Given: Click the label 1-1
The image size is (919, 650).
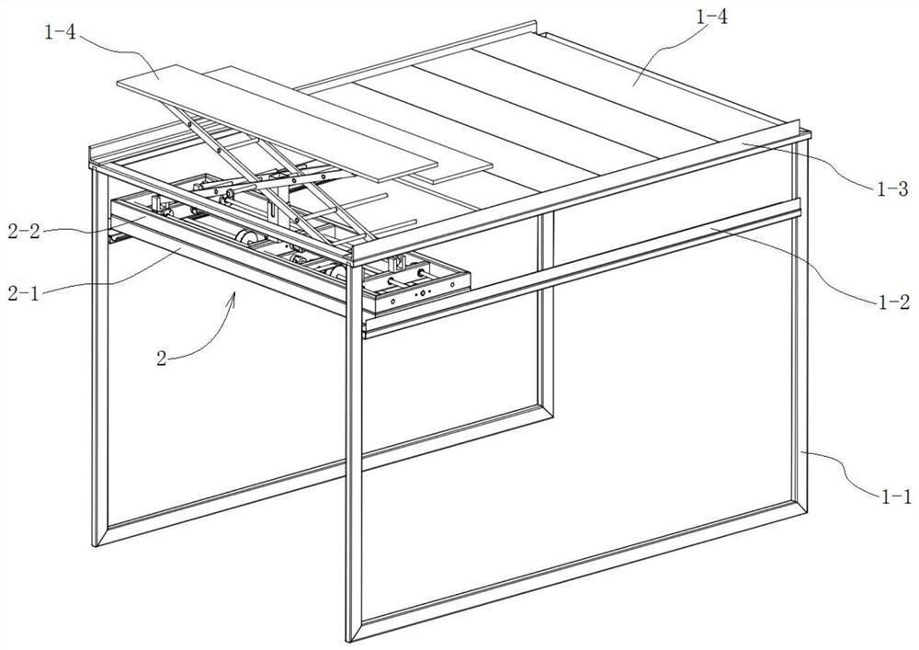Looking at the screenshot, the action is (897, 497).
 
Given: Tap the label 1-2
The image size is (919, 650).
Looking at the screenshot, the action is (894, 302).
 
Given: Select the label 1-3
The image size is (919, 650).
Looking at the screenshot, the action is (892, 189).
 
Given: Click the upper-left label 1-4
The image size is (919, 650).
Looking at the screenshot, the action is (61, 32).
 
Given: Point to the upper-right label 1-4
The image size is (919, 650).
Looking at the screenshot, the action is (712, 17).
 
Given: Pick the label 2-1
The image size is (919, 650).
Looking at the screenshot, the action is (24, 293).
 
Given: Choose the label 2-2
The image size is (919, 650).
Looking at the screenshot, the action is (24, 233).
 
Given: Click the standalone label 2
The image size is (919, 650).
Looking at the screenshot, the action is (162, 359).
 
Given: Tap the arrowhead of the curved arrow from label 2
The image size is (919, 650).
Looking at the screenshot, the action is (234, 295).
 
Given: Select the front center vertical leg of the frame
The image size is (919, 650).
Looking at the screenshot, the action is (354, 451).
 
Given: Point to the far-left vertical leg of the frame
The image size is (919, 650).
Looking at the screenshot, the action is (99, 358).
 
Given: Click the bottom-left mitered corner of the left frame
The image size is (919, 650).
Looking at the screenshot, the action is (101, 536).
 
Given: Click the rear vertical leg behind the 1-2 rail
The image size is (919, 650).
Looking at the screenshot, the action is (545, 316).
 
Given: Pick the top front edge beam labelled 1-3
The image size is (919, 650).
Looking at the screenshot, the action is (580, 193).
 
